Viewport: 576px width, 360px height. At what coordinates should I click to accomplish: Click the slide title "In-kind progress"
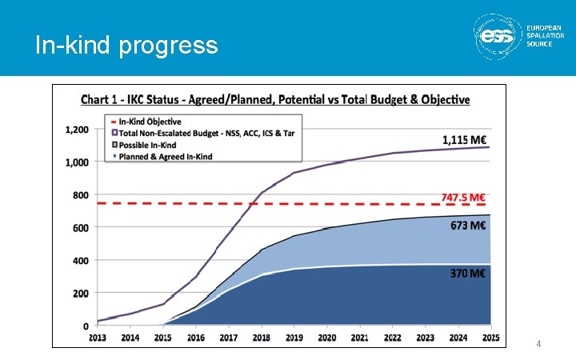pos(126,46)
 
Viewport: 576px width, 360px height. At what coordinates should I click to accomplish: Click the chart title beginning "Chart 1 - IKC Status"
pos(275,100)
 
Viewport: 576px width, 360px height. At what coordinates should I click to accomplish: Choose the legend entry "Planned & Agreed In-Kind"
pos(166,156)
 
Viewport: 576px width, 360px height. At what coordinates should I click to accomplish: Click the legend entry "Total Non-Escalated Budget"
pos(206,134)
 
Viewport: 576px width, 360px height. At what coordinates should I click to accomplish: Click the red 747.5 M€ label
pos(464,197)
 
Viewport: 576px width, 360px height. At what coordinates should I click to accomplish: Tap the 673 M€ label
pos(468,226)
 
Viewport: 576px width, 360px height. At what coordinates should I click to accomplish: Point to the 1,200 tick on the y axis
pos(77,130)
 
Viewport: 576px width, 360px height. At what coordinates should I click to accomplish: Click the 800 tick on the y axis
pos(81,195)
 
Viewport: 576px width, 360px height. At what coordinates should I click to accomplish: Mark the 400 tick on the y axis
pos(81,261)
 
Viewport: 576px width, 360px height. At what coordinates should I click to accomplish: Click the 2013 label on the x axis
pos(98,338)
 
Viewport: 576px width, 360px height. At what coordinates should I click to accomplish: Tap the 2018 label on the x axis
pos(262,338)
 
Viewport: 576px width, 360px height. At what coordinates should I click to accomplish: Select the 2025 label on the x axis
pos(490,338)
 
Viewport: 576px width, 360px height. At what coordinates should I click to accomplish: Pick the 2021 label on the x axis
pos(359,338)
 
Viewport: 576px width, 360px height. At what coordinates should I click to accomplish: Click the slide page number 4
pos(538,344)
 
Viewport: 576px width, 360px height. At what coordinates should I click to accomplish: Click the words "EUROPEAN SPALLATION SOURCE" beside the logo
pos(543,36)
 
